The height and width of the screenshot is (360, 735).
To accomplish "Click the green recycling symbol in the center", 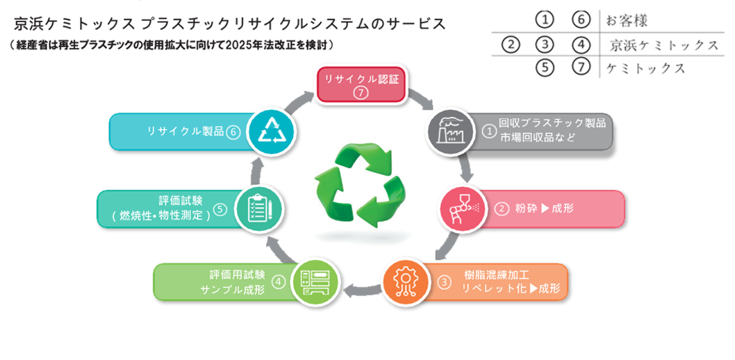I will click(x=359, y=186).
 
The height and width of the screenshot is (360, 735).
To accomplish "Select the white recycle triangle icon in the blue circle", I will click(x=271, y=130).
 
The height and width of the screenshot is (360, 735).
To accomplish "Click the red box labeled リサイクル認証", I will click(x=361, y=84).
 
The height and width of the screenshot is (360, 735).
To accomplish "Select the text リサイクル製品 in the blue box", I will click(x=185, y=131).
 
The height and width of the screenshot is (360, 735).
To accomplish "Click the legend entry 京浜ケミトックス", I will click(x=664, y=45).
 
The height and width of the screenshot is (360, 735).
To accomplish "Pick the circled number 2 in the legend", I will click(x=511, y=45).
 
